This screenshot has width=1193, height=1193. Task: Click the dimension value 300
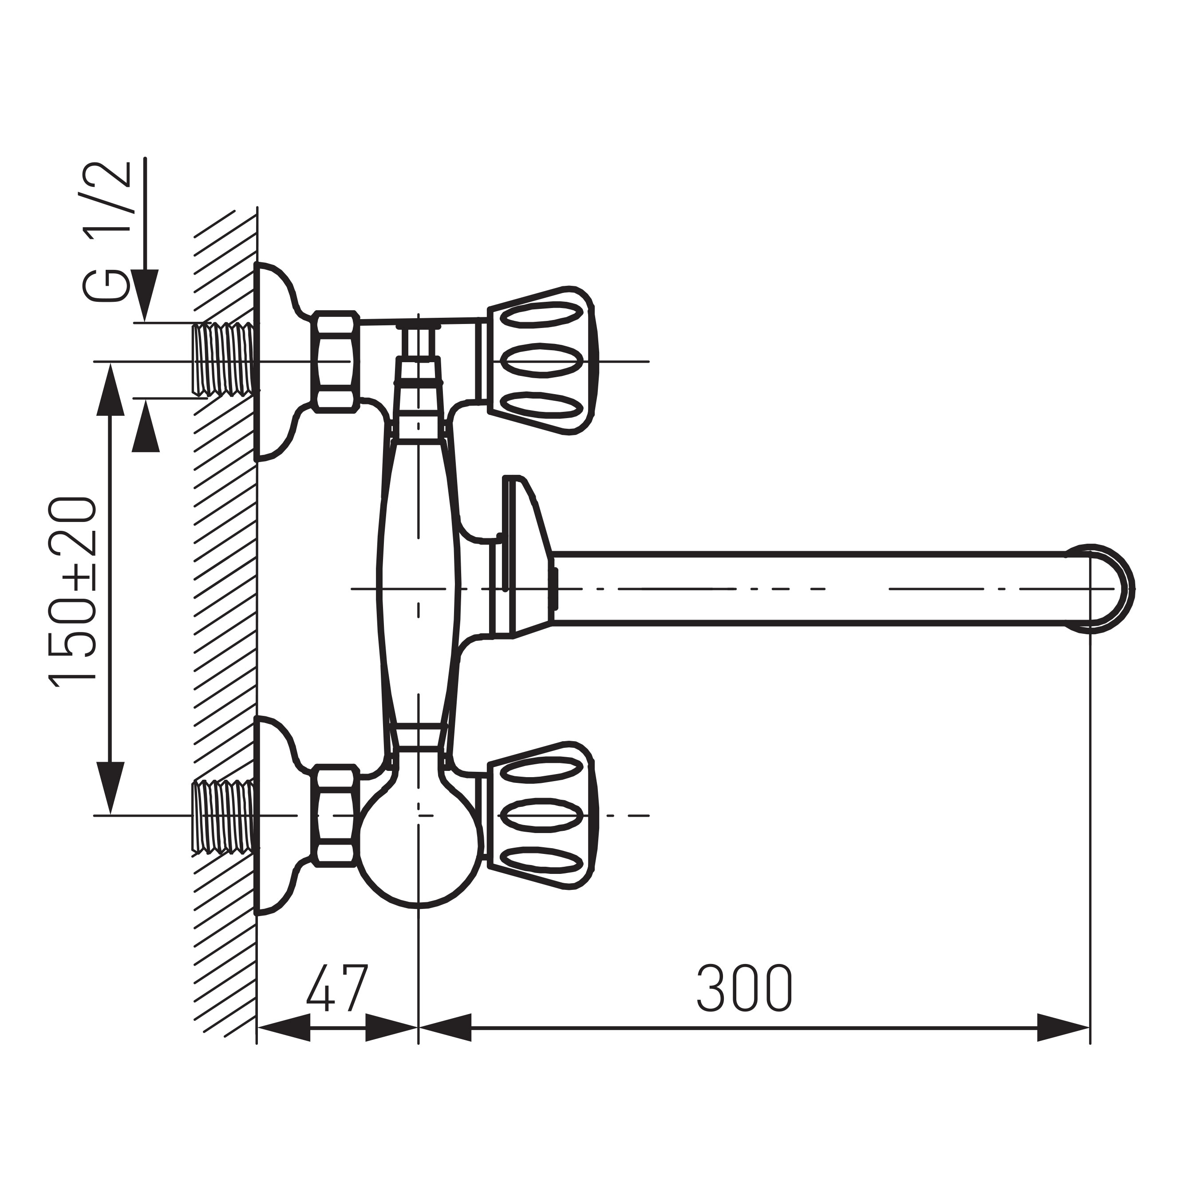pos(745,988)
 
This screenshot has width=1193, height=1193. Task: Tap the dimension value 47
pos(337,988)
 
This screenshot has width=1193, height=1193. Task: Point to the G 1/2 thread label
pos(106,232)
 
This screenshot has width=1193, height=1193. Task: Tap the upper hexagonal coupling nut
pos(335,361)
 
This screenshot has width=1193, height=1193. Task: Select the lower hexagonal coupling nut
pos(335,815)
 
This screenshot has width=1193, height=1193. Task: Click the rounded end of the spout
pos(1108,589)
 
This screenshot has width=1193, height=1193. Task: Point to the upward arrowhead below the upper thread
pos(146,426)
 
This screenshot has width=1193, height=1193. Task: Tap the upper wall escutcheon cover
pos(275,361)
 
